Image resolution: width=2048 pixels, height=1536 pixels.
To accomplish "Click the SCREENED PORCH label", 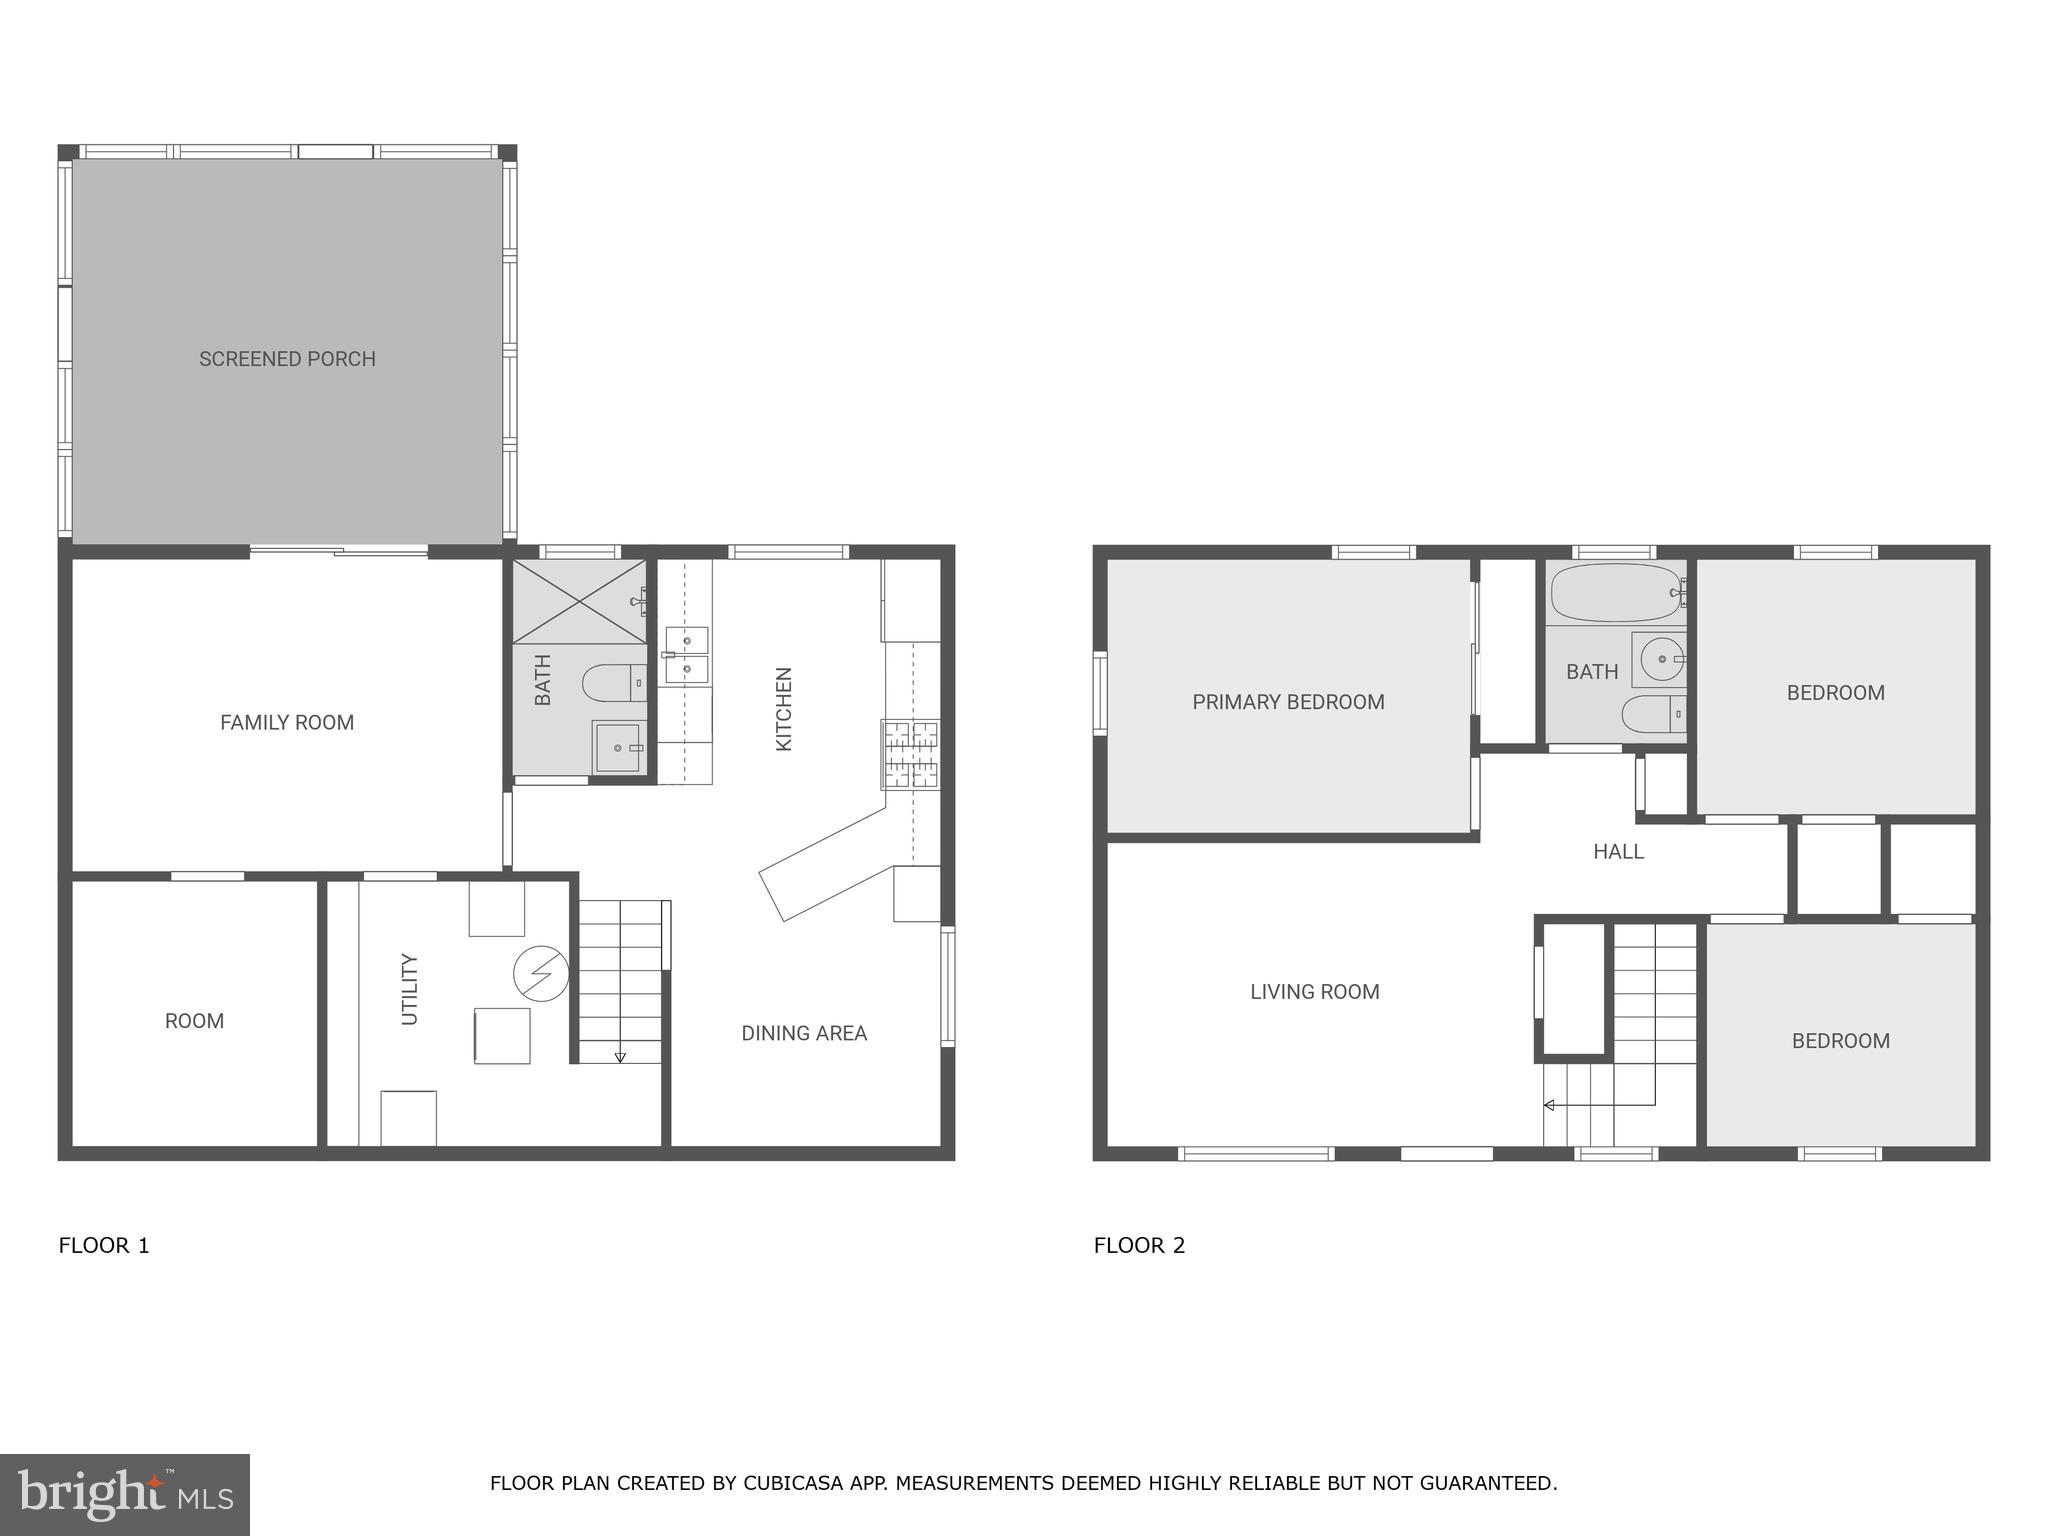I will (287, 359).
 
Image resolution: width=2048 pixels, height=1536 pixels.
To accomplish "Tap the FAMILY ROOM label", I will (287, 722).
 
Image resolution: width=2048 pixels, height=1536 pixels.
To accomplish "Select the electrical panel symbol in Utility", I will (541, 972).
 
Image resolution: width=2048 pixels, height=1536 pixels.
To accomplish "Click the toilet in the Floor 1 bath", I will (612, 683).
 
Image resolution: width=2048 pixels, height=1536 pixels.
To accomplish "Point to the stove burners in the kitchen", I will (910, 754).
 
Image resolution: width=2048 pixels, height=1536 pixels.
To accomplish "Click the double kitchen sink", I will (687, 655).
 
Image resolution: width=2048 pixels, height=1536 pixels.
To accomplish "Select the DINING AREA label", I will (804, 1033).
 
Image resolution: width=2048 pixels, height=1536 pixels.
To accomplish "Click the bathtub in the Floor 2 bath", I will (1614, 593).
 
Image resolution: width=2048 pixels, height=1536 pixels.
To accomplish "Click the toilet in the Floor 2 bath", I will (1651, 714).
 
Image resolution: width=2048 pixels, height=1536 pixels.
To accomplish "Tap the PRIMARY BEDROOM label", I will (1288, 702).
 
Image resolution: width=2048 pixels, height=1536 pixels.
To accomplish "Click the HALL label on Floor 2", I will (1618, 851).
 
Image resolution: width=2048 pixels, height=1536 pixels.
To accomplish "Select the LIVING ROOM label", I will (1314, 992).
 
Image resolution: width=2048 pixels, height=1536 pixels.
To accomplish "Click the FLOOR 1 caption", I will (104, 1245).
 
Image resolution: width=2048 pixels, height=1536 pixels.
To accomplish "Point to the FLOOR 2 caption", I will (1139, 1245).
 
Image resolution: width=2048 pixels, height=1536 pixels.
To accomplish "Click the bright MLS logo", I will (125, 1494).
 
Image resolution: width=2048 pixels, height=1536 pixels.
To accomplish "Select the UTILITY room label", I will (409, 989).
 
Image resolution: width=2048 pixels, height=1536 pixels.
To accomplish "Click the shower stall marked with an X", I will (579, 601).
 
